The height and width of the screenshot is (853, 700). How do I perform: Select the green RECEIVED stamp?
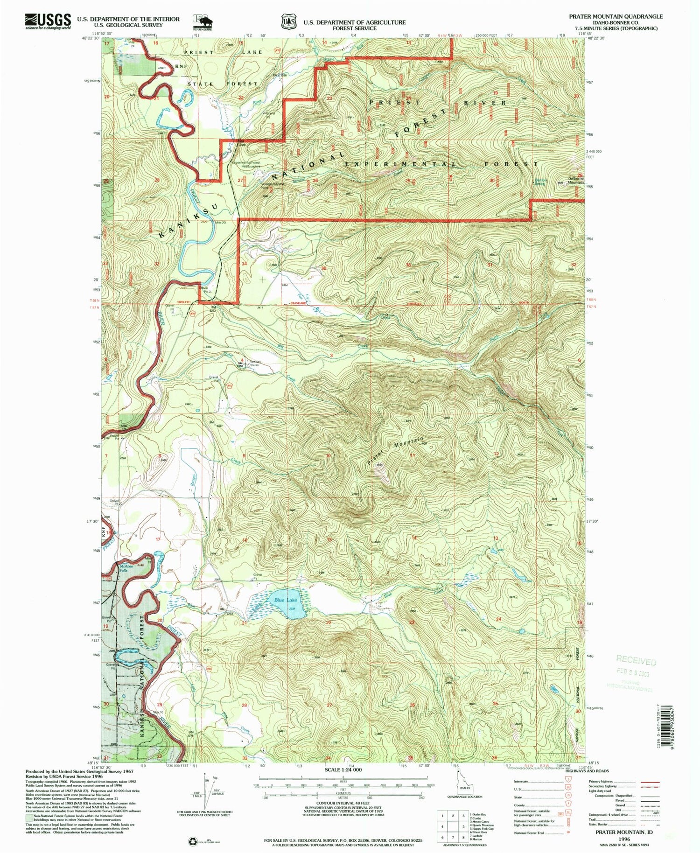[x=636, y=661]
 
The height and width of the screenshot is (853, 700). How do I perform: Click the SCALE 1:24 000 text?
[x=343, y=769]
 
